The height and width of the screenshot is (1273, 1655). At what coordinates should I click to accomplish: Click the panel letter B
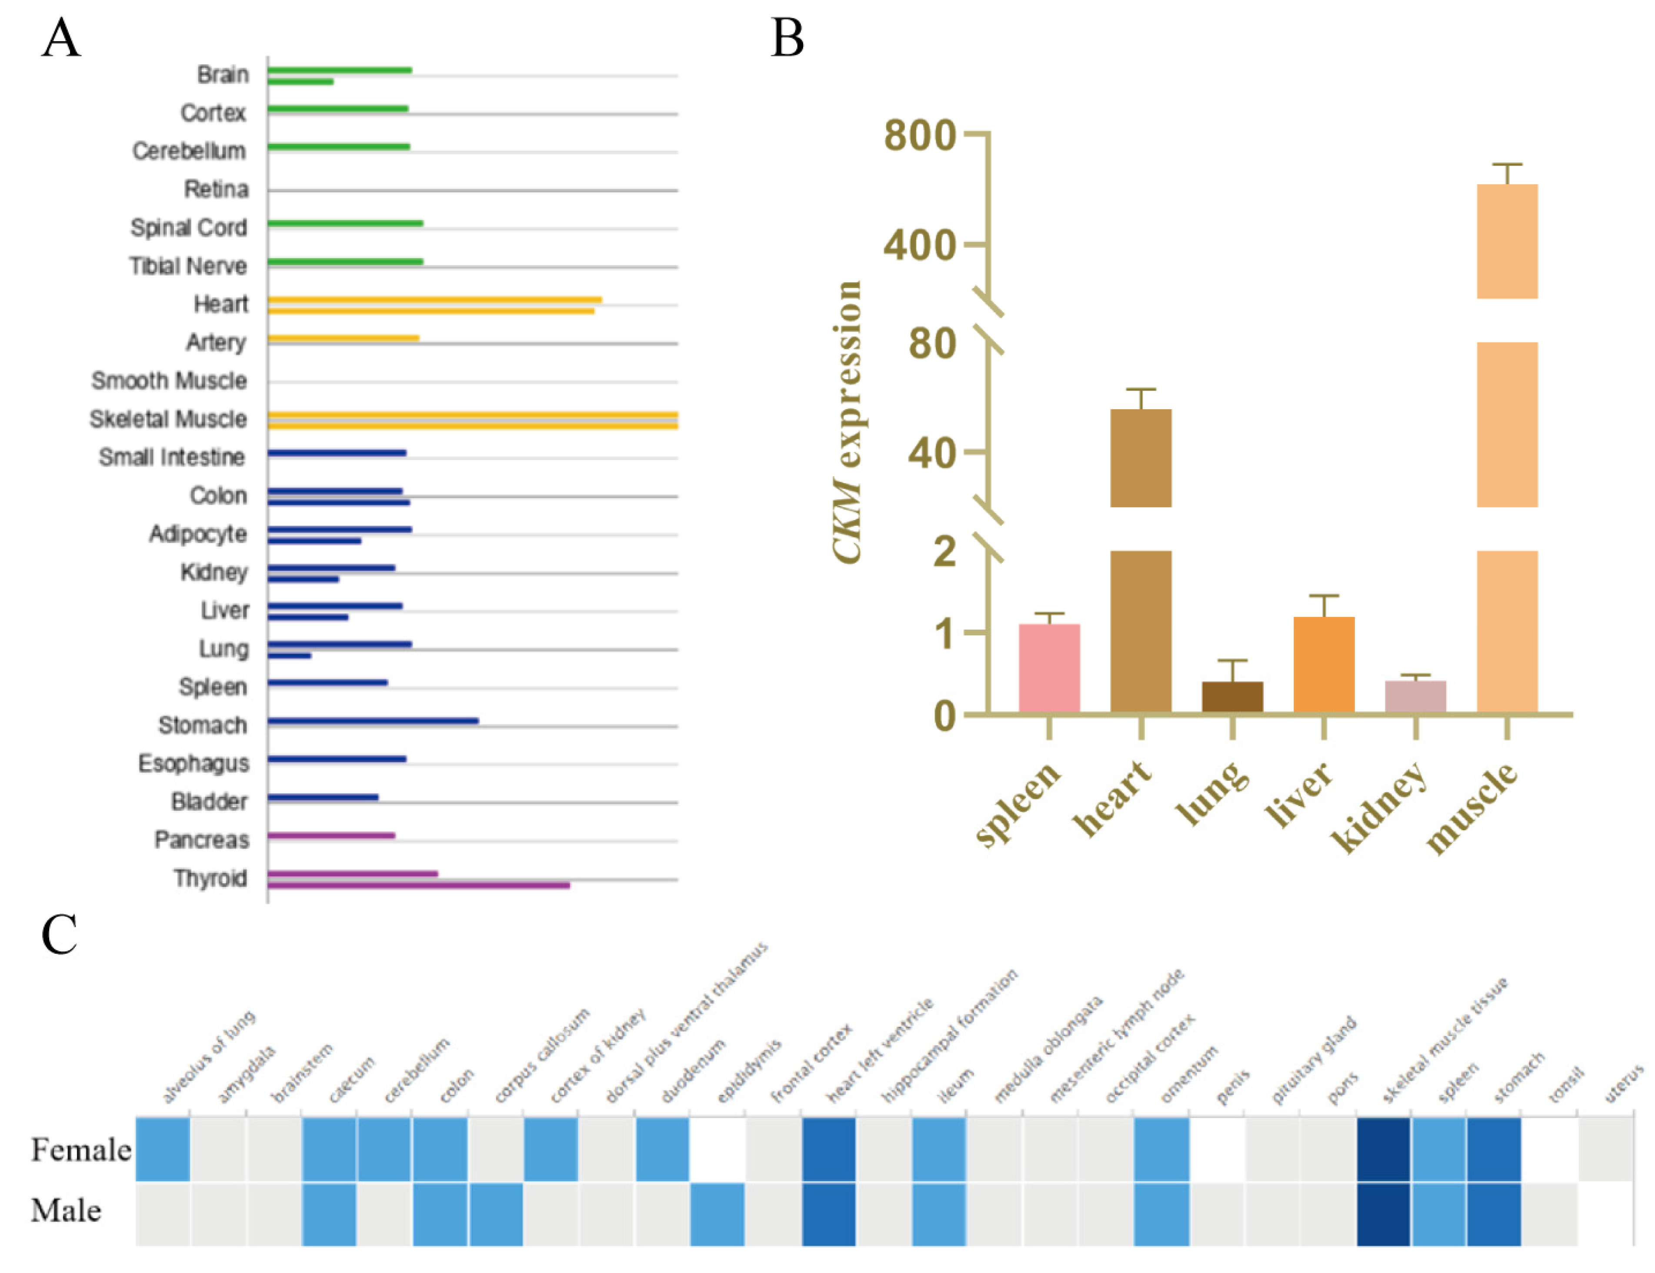click(787, 38)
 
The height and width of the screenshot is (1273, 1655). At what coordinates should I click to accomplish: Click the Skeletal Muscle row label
click(168, 419)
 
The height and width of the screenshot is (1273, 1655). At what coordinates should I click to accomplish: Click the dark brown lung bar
click(1232, 697)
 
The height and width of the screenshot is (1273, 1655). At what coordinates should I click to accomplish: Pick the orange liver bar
click(1324, 664)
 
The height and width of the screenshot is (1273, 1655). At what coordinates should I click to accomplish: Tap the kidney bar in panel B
click(1415, 697)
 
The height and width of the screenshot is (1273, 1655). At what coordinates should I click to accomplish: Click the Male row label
click(66, 1210)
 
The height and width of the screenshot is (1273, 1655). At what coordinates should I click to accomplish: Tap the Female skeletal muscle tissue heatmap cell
click(1383, 1149)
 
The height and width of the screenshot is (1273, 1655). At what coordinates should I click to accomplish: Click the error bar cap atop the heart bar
click(1141, 389)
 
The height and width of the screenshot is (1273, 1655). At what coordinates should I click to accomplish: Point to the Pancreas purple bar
click(331, 835)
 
